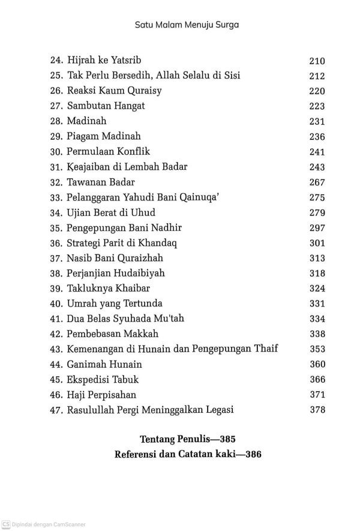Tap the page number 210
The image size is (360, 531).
pos(317,61)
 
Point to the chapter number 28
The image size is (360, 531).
pos(56,121)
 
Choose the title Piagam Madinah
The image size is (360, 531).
pos(104,137)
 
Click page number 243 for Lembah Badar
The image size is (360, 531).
pos(317,167)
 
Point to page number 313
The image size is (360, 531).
pos(317,258)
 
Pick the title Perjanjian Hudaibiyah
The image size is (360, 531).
pos(116,273)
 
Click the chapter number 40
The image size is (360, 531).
pos(56,304)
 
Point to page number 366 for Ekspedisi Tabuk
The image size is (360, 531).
pos(317,379)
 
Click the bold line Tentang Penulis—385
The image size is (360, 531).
pos(188,438)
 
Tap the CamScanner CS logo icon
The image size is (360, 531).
pos(5,524)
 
